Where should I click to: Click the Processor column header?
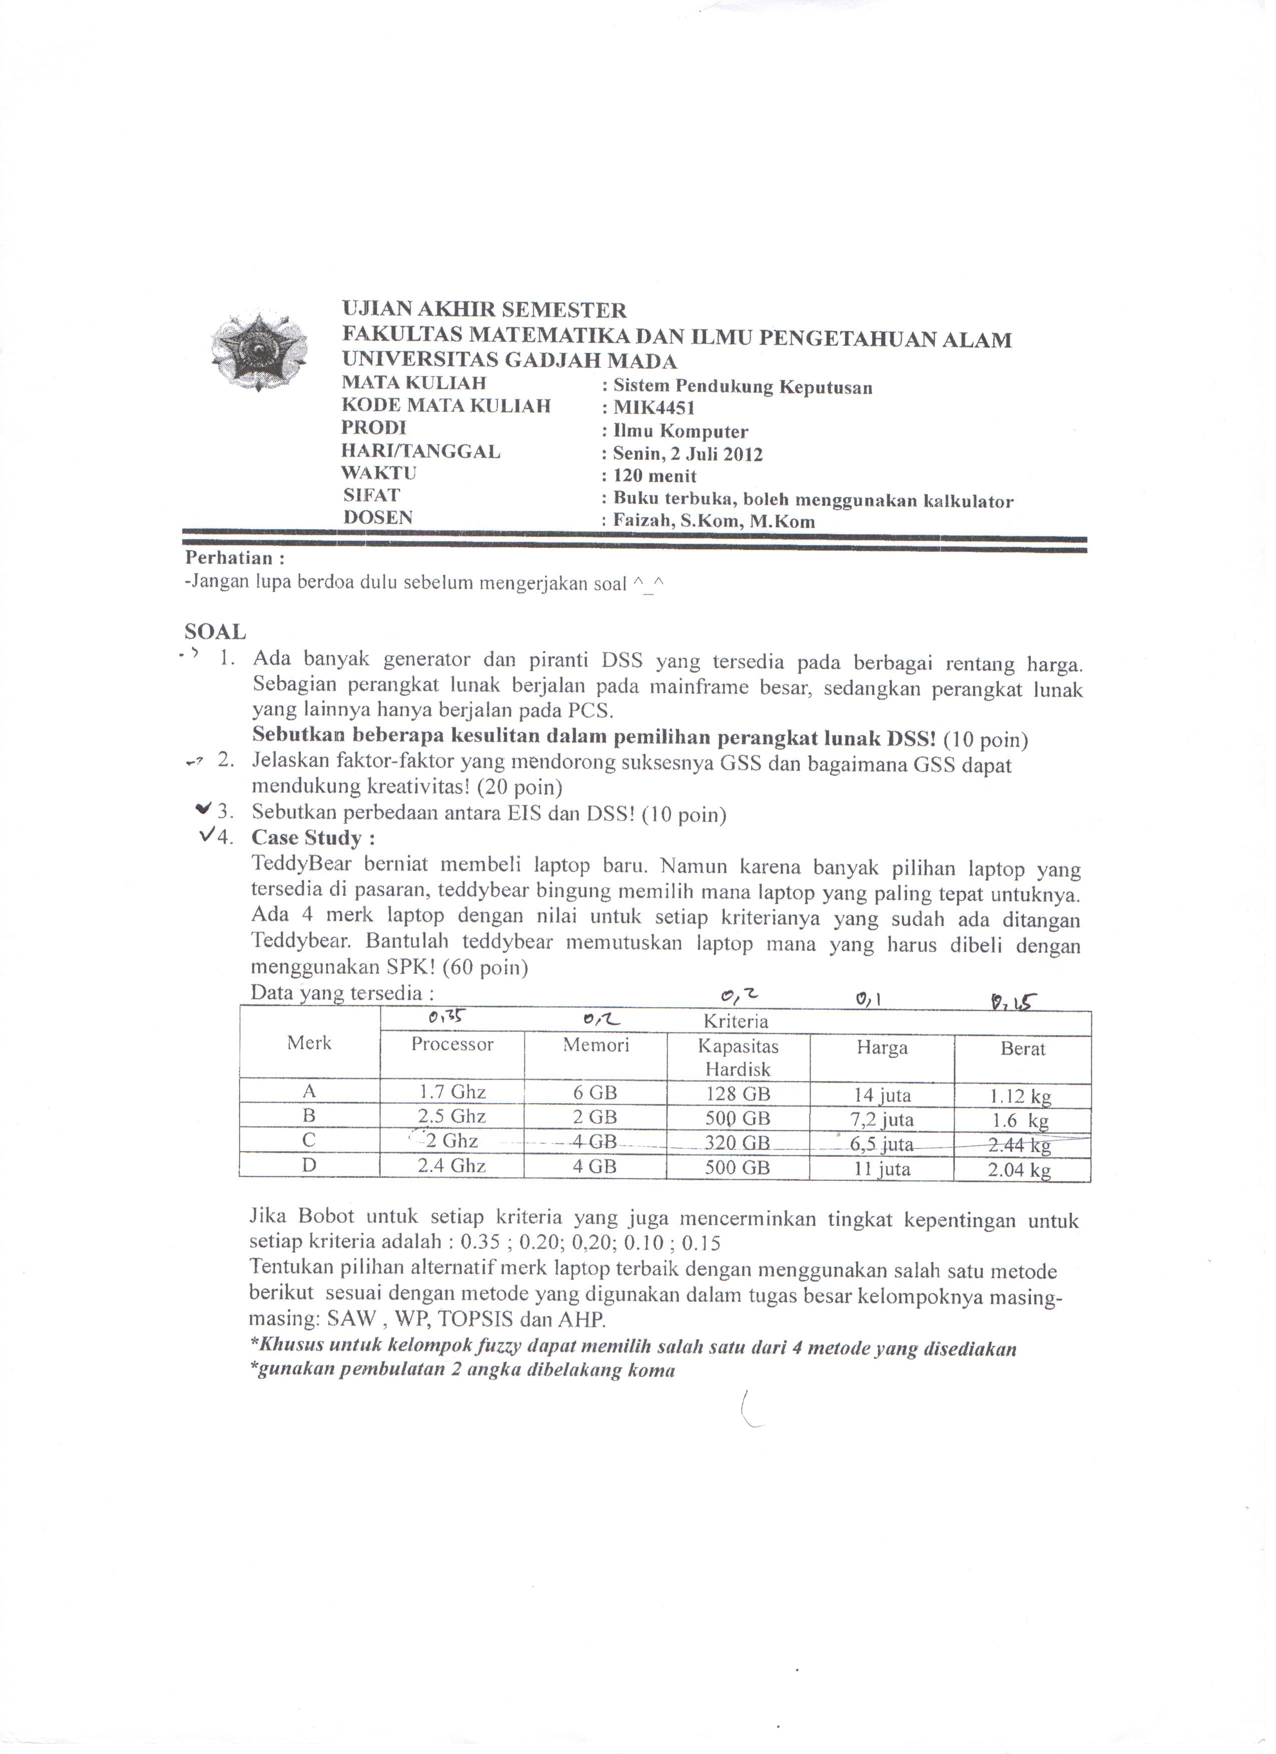(x=452, y=1045)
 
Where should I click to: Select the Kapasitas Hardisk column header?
(x=739, y=1058)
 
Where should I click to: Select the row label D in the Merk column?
(x=309, y=1165)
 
